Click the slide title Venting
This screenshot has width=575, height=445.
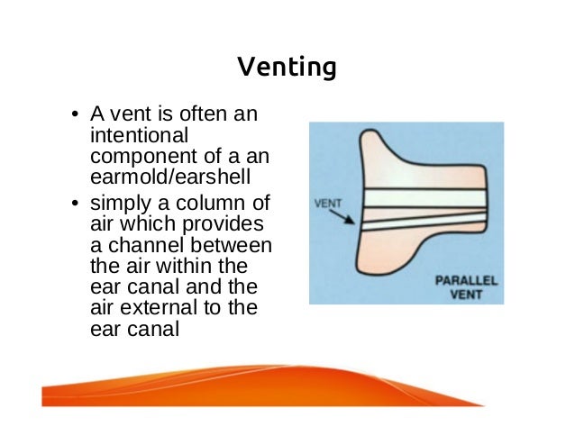tap(287, 67)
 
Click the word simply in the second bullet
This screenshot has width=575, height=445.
tap(118, 204)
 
